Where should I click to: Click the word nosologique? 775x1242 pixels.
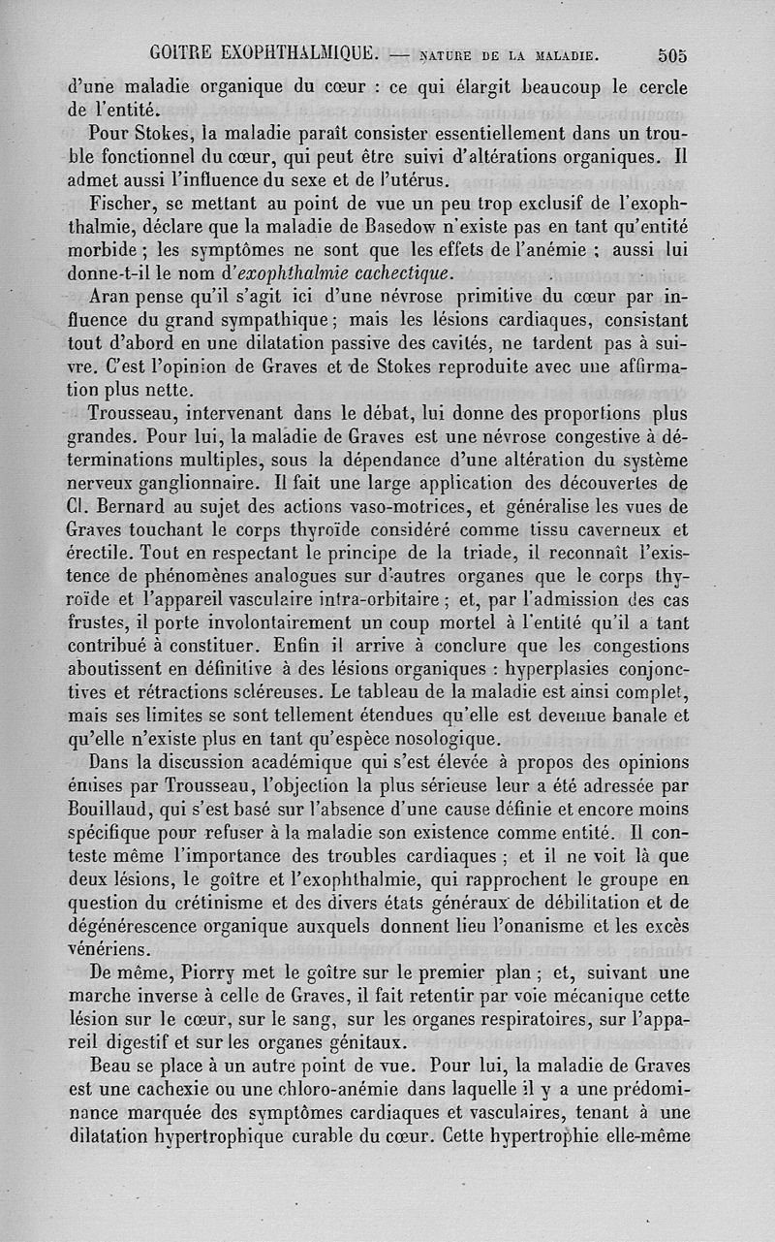pyautogui.click(x=448, y=741)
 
